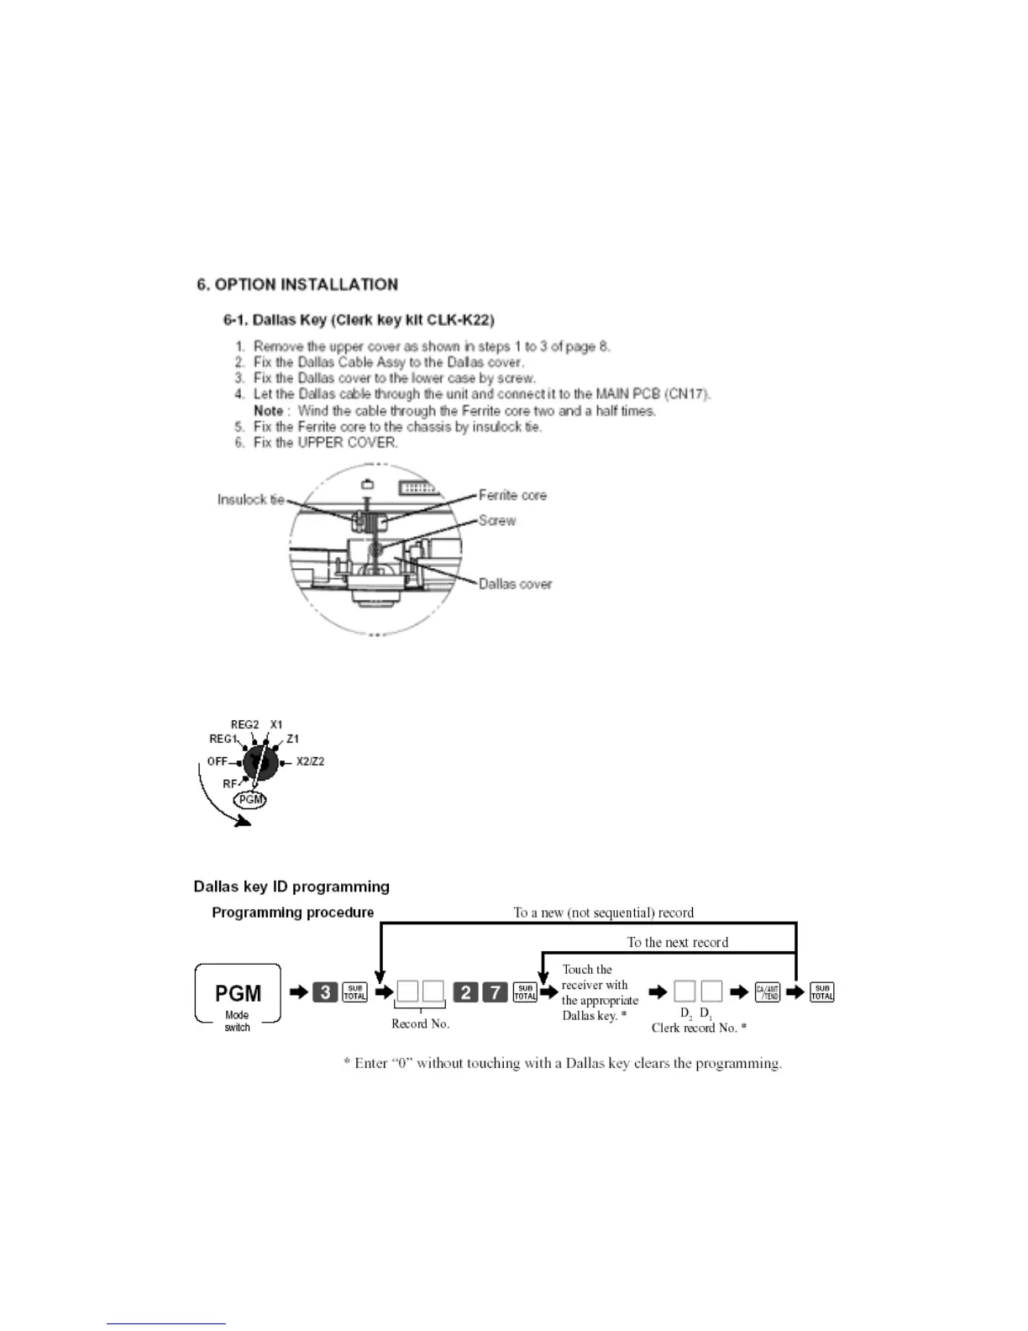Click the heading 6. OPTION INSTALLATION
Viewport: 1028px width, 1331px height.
[297, 284]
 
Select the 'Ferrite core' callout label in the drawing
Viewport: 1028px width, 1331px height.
[512, 495]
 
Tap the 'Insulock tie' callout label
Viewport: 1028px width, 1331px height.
[250, 499]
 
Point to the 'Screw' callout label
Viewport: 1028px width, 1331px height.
[497, 520]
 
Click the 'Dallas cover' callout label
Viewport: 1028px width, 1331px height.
[515, 583]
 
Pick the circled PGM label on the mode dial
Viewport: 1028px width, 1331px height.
[250, 799]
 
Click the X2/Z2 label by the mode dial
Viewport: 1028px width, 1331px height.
[310, 761]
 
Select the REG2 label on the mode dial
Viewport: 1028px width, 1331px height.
[244, 724]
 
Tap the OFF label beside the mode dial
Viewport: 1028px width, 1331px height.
[217, 761]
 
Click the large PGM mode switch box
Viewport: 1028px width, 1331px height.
[238, 993]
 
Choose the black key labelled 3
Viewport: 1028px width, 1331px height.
[325, 992]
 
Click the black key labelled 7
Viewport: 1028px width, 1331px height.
[495, 992]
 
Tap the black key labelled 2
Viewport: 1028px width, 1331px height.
[465, 992]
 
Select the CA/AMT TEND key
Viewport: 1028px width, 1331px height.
[767, 992]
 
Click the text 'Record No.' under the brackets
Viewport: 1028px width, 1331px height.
[420, 1023]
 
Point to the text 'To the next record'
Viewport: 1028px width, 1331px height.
[677, 942]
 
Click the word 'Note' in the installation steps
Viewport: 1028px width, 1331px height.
[268, 410]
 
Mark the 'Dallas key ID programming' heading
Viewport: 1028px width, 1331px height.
[291, 886]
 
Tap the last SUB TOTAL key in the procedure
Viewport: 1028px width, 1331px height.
[821, 992]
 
